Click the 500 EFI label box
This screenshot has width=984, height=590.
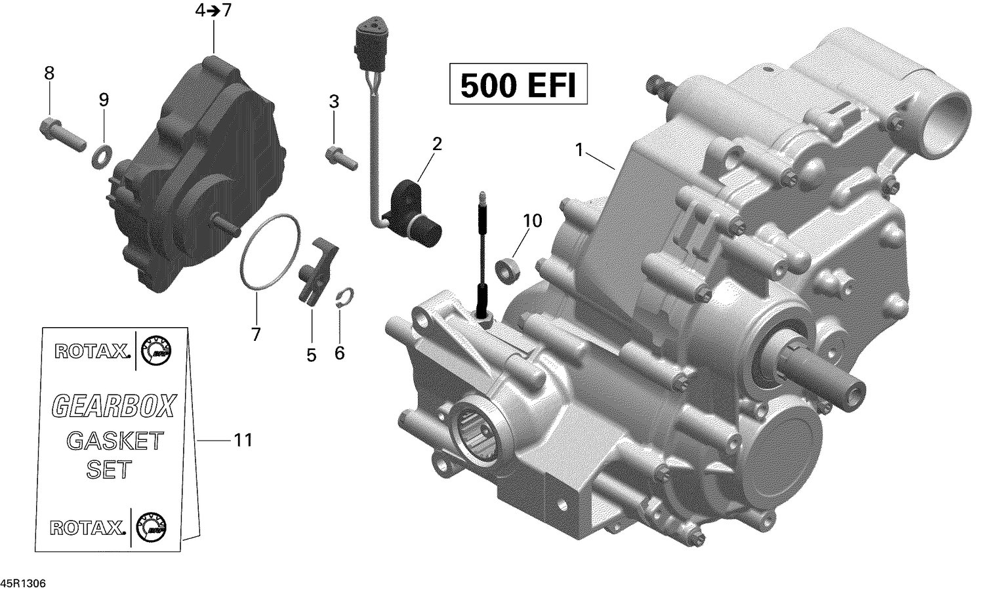click(x=518, y=84)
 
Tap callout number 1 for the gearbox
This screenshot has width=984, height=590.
click(x=579, y=150)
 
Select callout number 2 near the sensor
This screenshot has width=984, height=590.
click(x=436, y=144)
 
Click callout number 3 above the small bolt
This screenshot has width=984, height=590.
click(x=334, y=102)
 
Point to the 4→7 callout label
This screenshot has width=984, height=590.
click(x=213, y=11)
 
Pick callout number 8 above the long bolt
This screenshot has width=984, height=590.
click(x=49, y=73)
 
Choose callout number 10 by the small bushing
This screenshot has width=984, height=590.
click(x=532, y=221)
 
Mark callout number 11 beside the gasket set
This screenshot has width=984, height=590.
click(x=243, y=440)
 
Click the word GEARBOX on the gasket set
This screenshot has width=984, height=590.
click(x=113, y=406)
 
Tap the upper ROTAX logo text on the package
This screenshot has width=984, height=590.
click(x=91, y=352)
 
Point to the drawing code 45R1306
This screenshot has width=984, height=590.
click(x=24, y=583)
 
